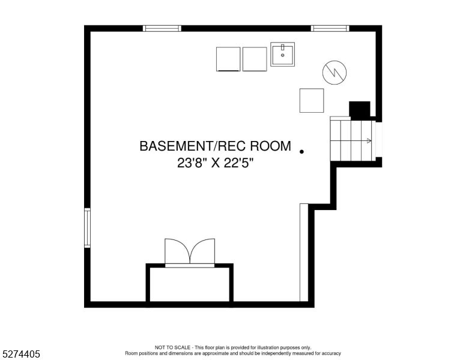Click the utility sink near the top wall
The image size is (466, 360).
pyautogui.click(x=282, y=54)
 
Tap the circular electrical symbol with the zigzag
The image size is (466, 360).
pyautogui.click(x=334, y=73)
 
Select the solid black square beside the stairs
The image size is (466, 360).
pyautogui.click(x=360, y=109)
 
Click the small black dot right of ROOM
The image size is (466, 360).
pyautogui.click(x=301, y=151)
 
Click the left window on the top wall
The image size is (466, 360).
pyautogui.click(x=162, y=29)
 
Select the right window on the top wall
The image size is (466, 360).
pyautogui.click(x=330, y=29)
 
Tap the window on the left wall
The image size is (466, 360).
pyautogui.click(x=87, y=228)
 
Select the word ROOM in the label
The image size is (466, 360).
pyautogui.click(x=270, y=146)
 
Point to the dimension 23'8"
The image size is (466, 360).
pyautogui.click(x=192, y=163)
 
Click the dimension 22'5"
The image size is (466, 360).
pyautogui.click(x=238, y=163)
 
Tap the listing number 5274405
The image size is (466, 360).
pyautogui.click(x=21, y=354)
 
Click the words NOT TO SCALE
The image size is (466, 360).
pyautogui.click(x=172, y=347)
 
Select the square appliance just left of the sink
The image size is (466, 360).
pyautogui.click(x=255, y=59)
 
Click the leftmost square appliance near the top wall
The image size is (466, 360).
pyautogui.click(x=228, y=59)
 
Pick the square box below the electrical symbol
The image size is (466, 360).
pyautogui.click(x=312, y=100)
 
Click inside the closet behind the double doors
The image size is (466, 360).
pyautogui.click(x=190, y=284)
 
